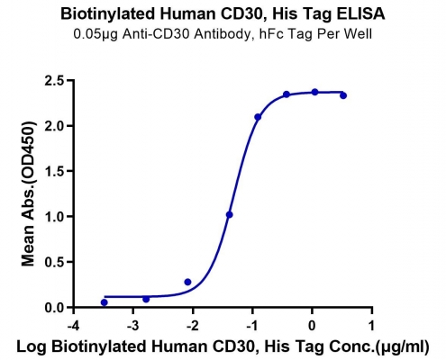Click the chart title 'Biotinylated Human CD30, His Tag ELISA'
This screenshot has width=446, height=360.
(223, 13)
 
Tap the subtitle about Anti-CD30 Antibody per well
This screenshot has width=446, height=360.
(223, 34)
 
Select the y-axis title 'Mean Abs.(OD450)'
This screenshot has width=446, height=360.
(28, 193)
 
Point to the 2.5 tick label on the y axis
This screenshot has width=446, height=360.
(54, 81)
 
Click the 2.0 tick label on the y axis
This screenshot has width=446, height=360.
(54, 126)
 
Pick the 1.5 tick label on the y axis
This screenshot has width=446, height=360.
(54, 171)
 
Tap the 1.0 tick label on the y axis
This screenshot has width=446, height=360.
(54, 217)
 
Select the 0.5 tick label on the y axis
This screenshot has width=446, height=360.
(54, 262)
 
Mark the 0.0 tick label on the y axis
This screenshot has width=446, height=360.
(54, 308)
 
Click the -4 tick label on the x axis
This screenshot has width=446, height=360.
(73, 326)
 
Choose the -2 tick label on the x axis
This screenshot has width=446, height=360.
(193, 326)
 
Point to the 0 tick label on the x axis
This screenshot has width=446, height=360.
(313, 326)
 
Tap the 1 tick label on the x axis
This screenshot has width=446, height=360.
(372, 326)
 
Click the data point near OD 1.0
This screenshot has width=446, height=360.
(230, 215)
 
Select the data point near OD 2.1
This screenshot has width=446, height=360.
(258, 117)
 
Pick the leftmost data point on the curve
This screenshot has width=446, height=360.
(105, 302)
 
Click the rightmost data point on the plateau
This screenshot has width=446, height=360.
(343, 95)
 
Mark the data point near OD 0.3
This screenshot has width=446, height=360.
(187, 282)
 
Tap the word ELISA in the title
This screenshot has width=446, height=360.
(360, 13)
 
